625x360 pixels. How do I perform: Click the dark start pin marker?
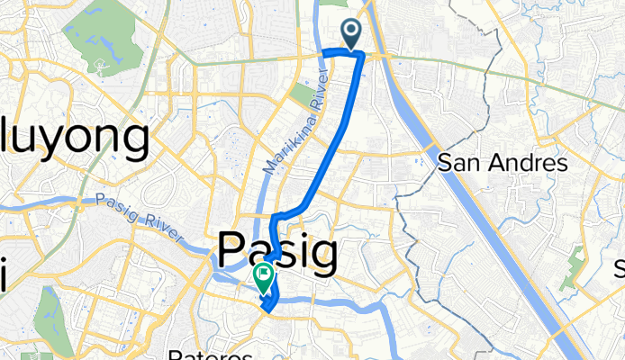pos(350,34)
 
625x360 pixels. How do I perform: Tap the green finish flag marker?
pos(264,278)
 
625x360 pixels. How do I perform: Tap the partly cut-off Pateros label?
pos(212,355)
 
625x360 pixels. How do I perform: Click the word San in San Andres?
pos(456,164)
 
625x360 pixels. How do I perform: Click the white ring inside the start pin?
pos(350,31)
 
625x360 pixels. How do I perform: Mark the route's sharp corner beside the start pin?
pos(362,55)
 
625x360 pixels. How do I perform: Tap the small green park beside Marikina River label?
pos(301,94)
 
